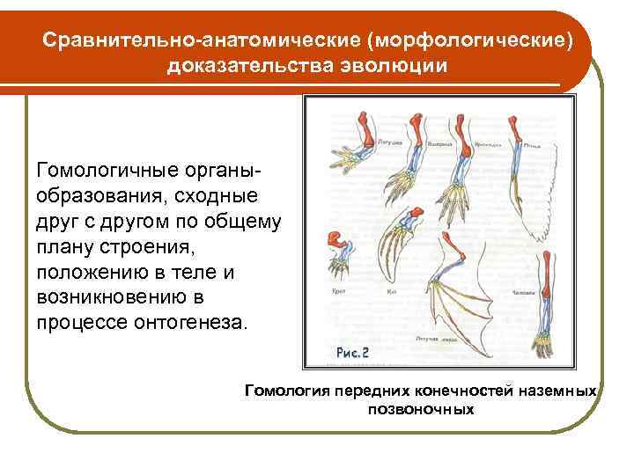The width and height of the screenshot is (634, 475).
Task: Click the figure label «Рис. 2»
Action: click(x=352, y=352)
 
